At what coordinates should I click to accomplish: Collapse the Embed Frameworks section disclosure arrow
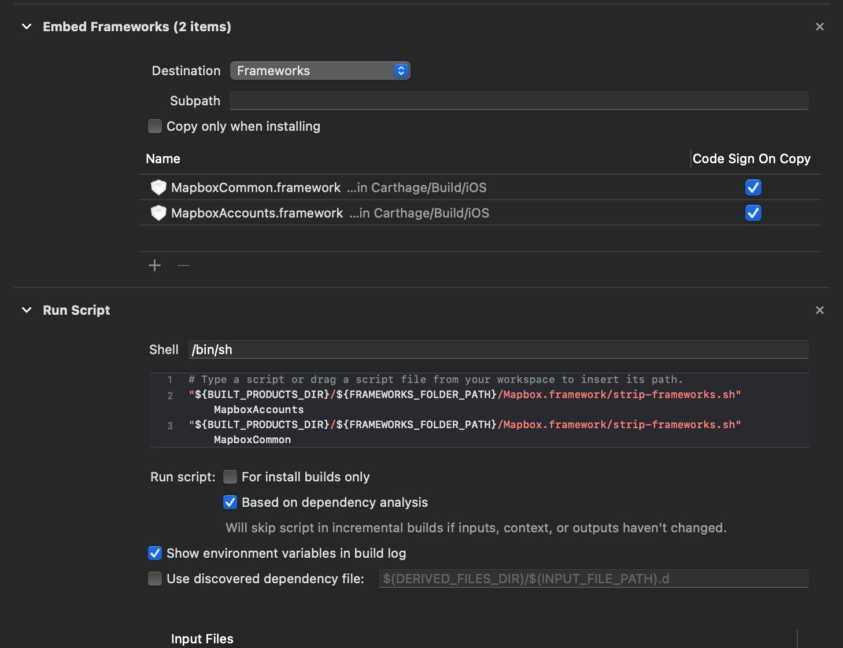(27, 27)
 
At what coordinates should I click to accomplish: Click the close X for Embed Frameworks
(819, 27)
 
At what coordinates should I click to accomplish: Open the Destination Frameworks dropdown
(320, 71)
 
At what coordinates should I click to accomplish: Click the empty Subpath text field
(518, 101)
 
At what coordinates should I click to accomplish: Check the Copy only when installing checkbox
(155, 126)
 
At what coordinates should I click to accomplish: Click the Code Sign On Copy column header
(751, 159)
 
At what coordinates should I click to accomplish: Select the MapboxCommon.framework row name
(256, 187)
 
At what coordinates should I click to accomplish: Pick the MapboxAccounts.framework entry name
(257, 213)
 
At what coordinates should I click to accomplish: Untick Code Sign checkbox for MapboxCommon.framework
(753, 187)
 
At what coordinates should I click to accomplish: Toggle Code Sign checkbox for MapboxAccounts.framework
(753, 213)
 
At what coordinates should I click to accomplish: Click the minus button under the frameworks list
(183, 266)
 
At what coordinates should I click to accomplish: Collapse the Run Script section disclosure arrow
(27, 310)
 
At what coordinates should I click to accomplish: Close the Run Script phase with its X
(819, 310)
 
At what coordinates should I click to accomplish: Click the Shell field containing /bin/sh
(497, 349)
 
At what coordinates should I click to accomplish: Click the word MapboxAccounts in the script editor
(258, 410)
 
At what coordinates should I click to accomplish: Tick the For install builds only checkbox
(230, 477)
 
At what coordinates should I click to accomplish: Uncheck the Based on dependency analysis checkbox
(230, 502)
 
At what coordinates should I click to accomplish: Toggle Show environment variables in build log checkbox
(155, 553)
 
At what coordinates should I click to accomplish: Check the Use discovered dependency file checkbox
(155, 579)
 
